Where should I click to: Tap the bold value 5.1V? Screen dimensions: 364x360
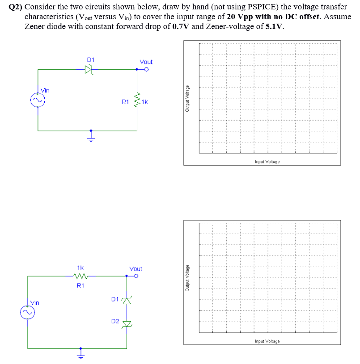click(x=274, y=26)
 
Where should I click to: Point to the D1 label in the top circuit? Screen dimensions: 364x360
click(x=90, y=59)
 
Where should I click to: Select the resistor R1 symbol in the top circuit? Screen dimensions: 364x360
click(x=137, y=102)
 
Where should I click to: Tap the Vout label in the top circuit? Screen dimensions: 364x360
click(x=146, y=62)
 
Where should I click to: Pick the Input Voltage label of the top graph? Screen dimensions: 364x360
click(x=267, y=162)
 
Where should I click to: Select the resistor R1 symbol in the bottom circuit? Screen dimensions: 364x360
click(x=81, y=276)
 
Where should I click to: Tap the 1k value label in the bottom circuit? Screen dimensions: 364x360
click(x=80, y=268)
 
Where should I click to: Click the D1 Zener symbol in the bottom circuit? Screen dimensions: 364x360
click(x=127, y=300)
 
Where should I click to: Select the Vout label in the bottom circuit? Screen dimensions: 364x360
click(x=136, y=269)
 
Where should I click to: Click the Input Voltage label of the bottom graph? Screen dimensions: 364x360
click(x=267, y=341)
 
